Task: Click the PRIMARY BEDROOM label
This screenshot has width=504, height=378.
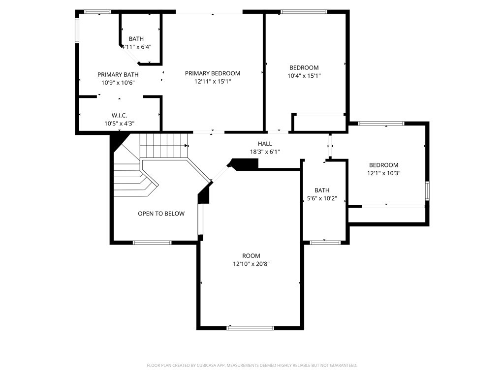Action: coord(213,73)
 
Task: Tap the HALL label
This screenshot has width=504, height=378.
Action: coord(265,144)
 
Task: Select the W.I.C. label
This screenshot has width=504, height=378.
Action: coord(119,115)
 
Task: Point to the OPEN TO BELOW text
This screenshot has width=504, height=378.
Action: coord(161,214)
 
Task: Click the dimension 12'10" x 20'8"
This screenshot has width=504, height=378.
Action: coord(252,264)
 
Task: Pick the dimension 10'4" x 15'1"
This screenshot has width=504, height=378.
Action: coord(304,76)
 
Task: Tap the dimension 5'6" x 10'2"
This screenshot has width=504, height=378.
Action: coord(322,198)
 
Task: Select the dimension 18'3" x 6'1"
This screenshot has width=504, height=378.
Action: coord(265,152)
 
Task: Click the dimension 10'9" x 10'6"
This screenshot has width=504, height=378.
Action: coord(118,83)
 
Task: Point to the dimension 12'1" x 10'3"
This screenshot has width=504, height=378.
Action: coord(384,173)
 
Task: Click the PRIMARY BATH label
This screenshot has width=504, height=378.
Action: coord(118,75)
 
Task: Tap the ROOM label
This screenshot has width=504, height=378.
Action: coord(252,256)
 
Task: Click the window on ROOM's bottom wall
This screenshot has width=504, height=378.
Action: coord(250,328)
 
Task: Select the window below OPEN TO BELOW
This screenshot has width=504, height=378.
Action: coord(152,242)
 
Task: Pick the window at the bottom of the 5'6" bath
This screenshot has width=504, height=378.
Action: coord(325,242)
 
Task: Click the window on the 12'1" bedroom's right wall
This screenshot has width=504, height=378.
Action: coord(428,191)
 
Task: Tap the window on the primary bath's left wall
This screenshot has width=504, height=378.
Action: coord(77,31)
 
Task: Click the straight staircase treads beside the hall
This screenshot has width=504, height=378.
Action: coord(164,146)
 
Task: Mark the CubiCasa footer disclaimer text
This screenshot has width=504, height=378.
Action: coord(252,365)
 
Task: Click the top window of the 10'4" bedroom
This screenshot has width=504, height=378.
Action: coord(304,12)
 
